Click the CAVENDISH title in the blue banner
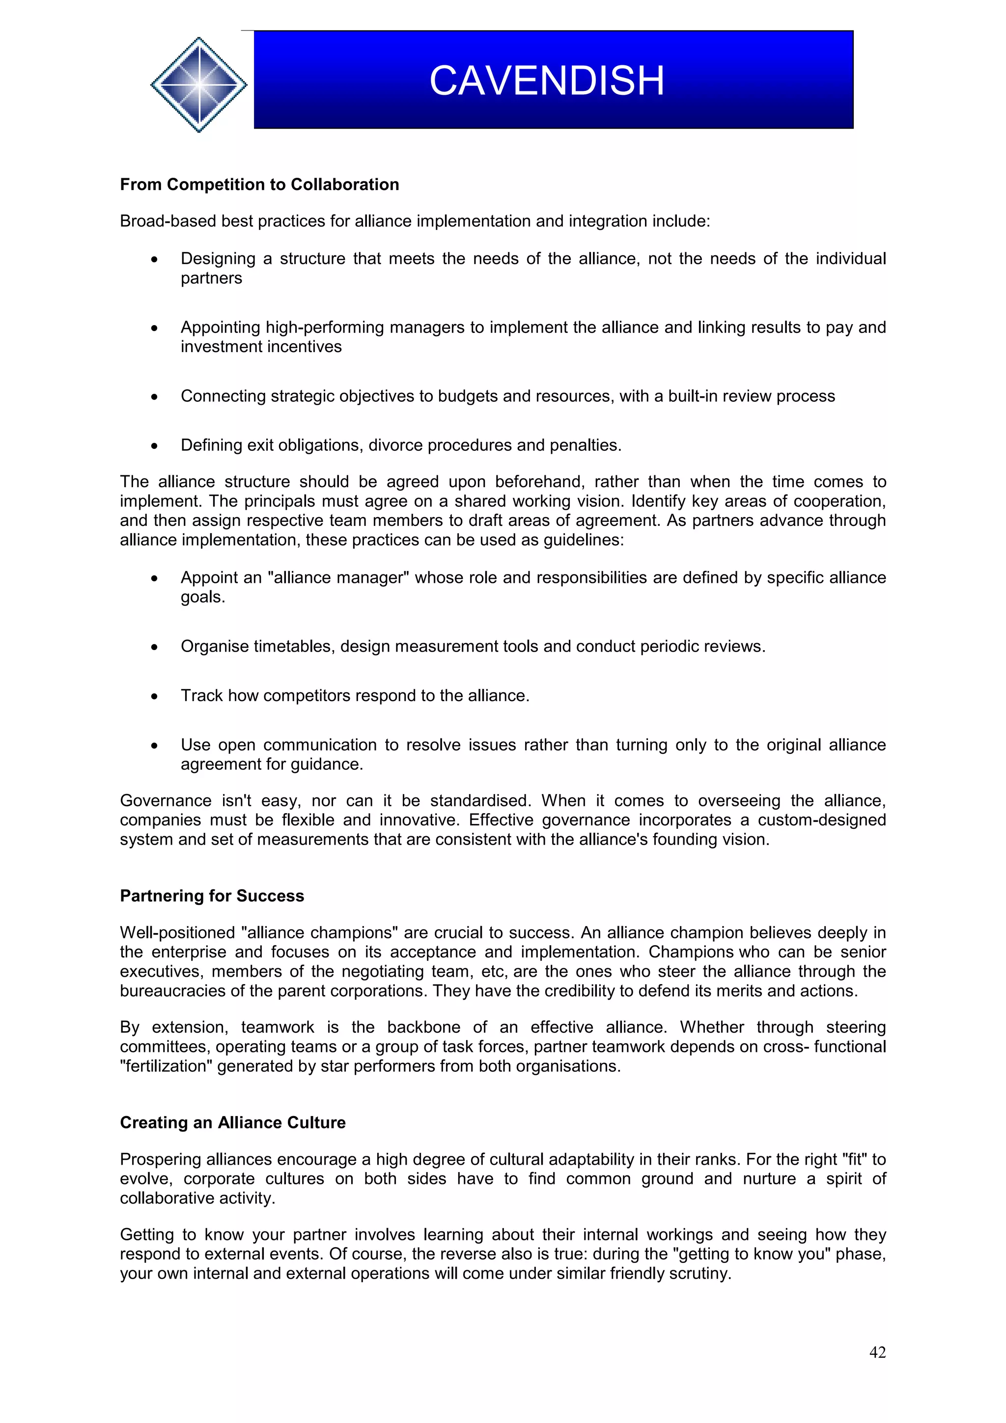click(547, 81)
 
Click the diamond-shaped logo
click(198, 84)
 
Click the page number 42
click(877, 1352)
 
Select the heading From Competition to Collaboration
click(259, 185)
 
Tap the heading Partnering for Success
click(212, 896)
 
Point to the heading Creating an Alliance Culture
click(232, 1122)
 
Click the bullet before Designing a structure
click(154, 260)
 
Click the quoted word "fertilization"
click(166, 1066)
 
